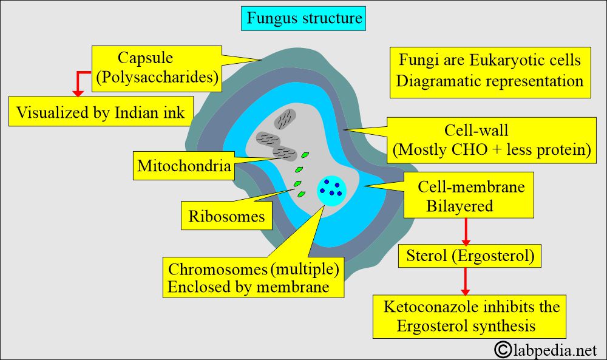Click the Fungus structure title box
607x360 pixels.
coord(304,19)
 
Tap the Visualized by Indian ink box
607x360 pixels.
coord(100,112)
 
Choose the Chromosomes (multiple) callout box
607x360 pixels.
coord(253,277)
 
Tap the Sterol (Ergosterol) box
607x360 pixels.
coord(469,256)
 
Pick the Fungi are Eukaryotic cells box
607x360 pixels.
coord(489,71)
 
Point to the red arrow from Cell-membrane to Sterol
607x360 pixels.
coord(466,231)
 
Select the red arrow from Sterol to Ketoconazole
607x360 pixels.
coord(466,280)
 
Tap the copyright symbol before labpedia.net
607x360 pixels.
coord(502,349)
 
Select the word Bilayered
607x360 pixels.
coord(459,206)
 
